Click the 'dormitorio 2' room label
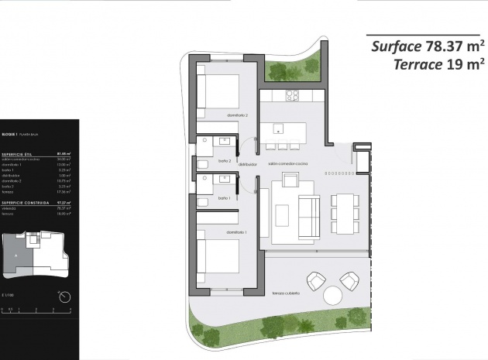[x=236, y=115]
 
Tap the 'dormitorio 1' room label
[x=236, y=231]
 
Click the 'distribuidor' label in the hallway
[x=248, y=165]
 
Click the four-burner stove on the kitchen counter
[x=293, y=96]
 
